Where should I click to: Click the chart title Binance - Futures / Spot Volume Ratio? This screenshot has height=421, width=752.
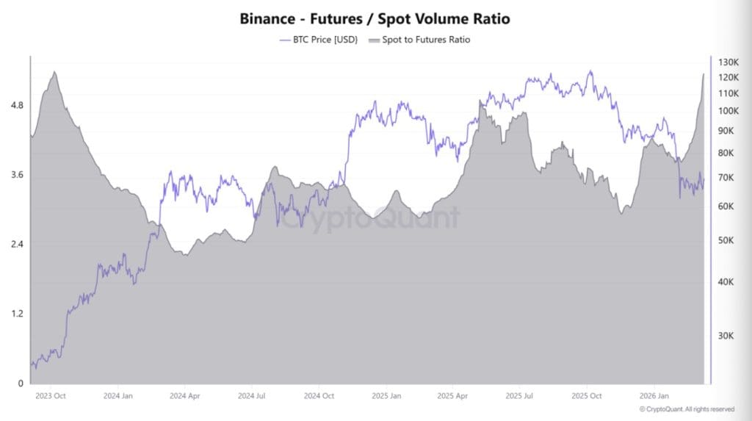pyautogui.click(x=375, y=18)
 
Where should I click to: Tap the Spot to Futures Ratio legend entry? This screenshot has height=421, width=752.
pyautogui.click(x=420, y=40)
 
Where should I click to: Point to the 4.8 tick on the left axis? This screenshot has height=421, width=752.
pyautogui.click(x=16, y=106)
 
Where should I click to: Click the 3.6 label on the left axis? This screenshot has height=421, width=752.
pyautogui.click(x=16, y=175)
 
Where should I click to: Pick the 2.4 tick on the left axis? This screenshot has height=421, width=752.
pyautogui.click(x=16, y=245)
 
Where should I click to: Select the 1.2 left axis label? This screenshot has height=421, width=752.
pyautogui.click(x=16, y=314)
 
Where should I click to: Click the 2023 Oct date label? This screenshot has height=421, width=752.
pyautogui.click(x=51, y=396)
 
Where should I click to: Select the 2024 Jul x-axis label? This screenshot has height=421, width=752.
pyautogui.click(x=251, y=396)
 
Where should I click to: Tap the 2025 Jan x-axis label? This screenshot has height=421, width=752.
pyautogui.click(x=385, y=396)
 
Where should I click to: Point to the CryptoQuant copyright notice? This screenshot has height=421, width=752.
pyautogui.click(x=686, y=409)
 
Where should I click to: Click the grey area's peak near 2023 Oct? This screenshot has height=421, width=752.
pyautogui.click(x=54, y=72)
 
